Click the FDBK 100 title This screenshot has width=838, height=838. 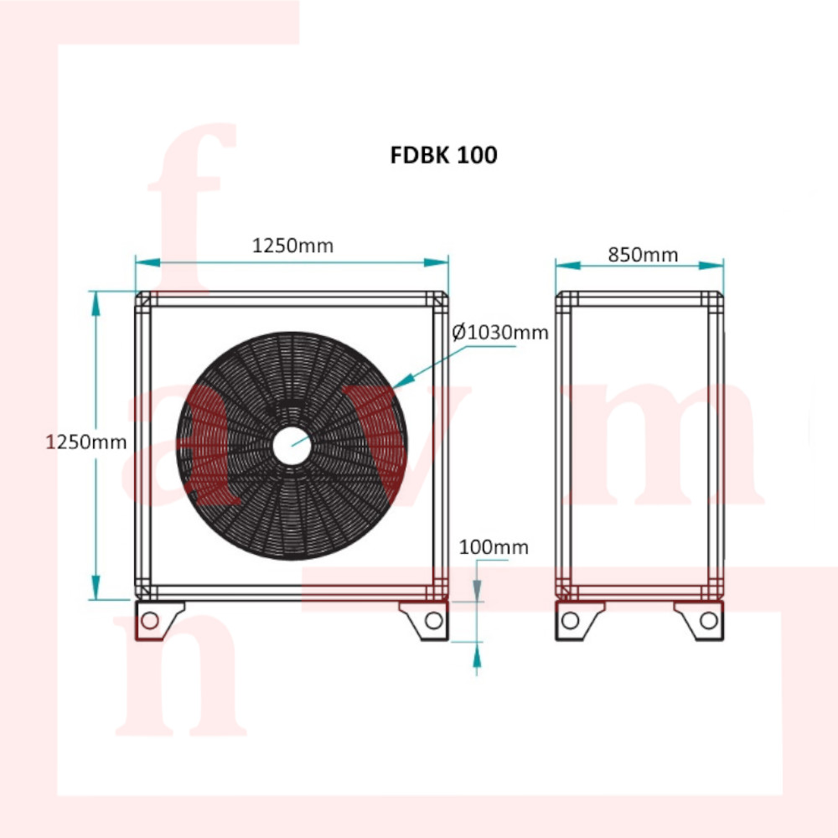coord(443,155)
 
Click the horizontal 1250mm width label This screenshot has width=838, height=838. coord(292,246)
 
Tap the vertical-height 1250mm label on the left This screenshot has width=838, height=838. coord(86,442)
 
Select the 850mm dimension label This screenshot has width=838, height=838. coord(643,254)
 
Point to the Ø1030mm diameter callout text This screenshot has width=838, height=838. coord(500,333)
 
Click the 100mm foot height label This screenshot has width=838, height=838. coord(494,547)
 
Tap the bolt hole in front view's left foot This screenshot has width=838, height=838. coord(151,620)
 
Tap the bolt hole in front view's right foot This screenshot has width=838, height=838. coord(433,620)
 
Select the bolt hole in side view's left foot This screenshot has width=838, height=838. coord(570,620)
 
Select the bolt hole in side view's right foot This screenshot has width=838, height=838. coord(709,620)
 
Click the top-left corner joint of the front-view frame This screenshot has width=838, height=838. coord(144,299)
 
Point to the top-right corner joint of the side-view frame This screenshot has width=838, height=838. coord(714,299)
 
